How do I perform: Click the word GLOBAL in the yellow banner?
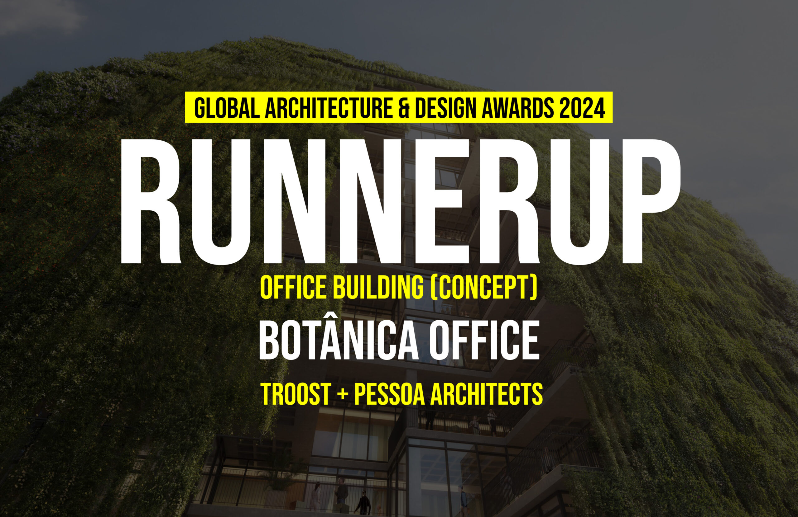(x=227, y=108)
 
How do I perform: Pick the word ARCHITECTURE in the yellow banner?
(x=329, y=108)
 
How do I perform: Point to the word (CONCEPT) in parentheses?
(x=484, y=288)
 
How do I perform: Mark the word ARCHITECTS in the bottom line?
(x=487, y=394)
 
